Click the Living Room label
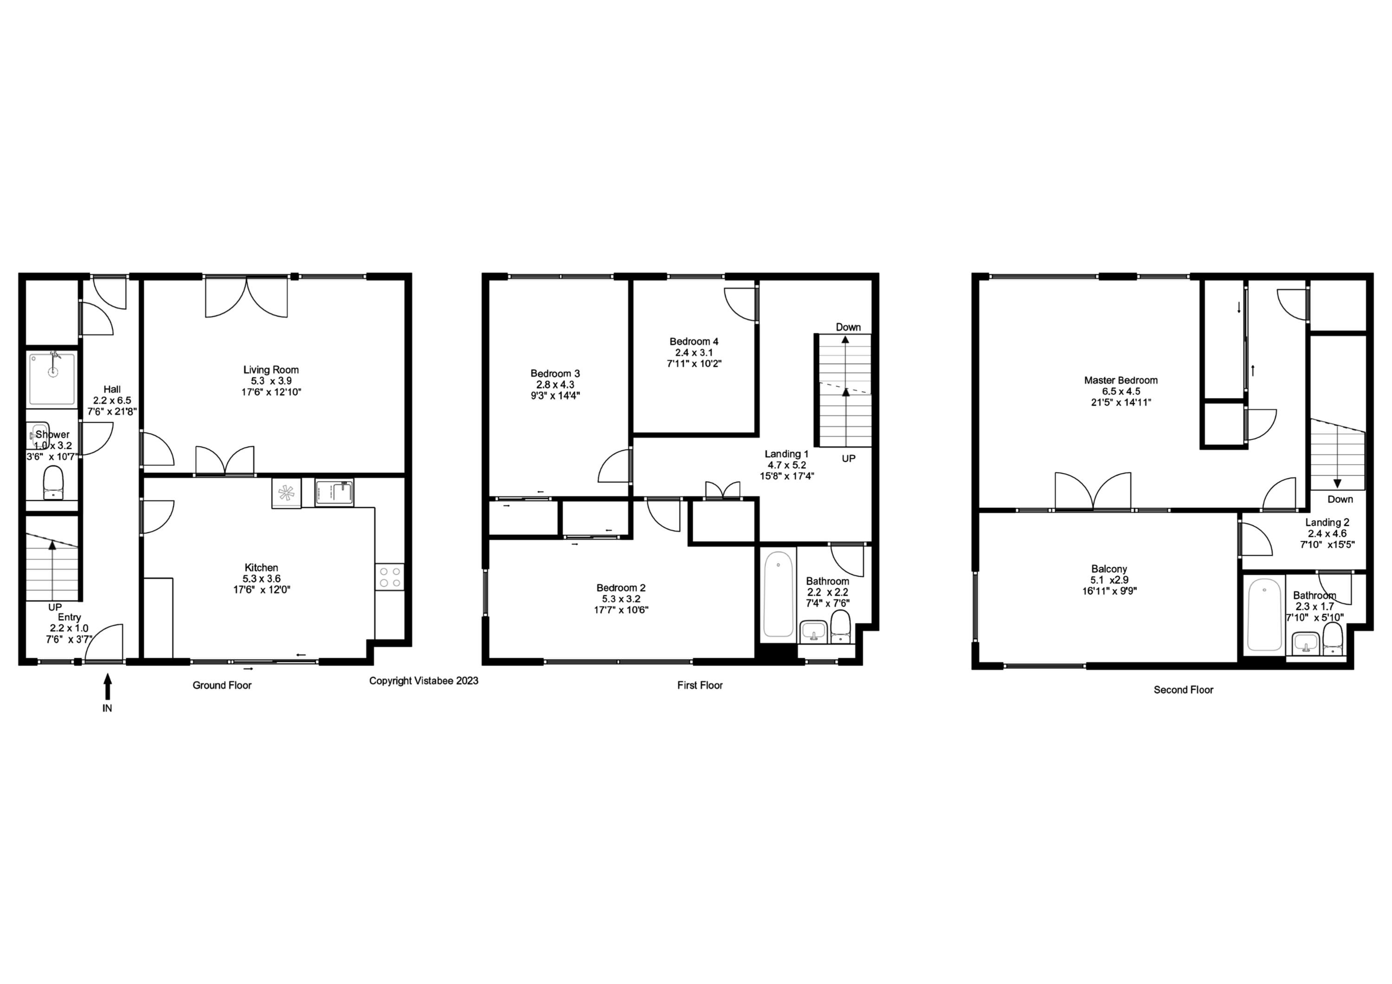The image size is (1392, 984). (271, 370)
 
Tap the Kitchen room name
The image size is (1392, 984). (261, 568)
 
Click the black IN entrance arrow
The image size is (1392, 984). (107, 687)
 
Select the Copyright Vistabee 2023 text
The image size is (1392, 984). (423, 681)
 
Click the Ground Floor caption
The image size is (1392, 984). (222, 685)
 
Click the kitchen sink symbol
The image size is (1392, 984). (334, 492)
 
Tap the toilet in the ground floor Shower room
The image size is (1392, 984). (53, 482)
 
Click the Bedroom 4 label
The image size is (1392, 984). (694, 341)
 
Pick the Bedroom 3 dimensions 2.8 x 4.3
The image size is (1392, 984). (555, 384)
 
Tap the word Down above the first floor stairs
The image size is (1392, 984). (848, 327)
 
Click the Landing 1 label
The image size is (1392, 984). (786, 453)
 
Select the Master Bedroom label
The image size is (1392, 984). (1121, 380)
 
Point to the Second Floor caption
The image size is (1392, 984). (1183, 689)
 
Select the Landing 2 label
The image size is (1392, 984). (1327, 522)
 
